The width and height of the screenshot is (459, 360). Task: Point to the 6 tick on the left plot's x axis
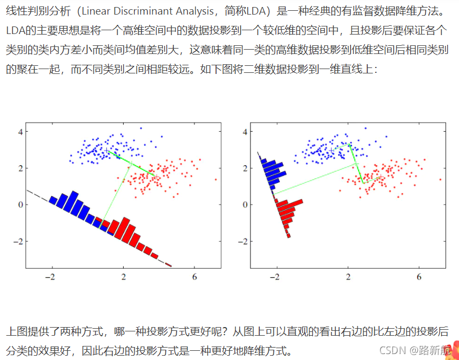click(x=194, y=277)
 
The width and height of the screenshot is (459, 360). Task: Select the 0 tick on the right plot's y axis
click(x=245, y=205)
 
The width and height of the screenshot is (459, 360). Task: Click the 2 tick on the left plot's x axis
click(x=124, y=277)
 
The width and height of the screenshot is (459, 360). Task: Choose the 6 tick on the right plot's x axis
click(x=419, y=277)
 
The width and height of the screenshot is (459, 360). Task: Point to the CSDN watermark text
click(x=392, y=350)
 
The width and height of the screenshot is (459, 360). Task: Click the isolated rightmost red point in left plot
click(x=215, y=179)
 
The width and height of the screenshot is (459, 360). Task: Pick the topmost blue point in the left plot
click(x=141, y=128)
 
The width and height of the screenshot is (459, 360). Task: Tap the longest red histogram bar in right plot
click(x=289, y=203)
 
